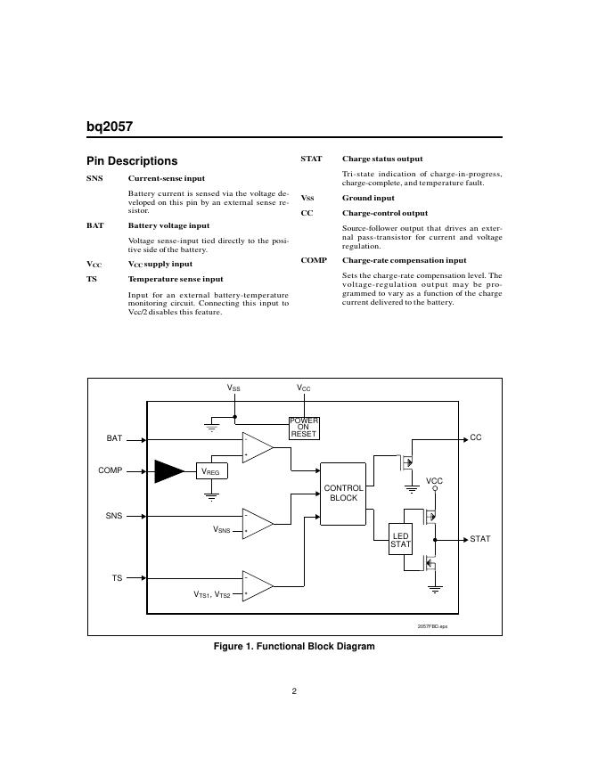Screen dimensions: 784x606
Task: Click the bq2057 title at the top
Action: click(110, 127)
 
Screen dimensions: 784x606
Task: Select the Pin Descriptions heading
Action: click(131, 161)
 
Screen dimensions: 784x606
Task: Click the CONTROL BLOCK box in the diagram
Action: click(343, 493)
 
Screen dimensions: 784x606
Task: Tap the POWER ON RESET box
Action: click(304, 428)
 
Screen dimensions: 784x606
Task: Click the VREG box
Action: click(210, 471)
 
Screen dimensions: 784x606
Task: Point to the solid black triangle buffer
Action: click(168, 470)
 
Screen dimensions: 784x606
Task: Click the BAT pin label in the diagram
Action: click(114, 438)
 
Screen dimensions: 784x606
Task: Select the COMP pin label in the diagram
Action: click(111, 470)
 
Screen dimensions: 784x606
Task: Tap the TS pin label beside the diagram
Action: click(117, 578)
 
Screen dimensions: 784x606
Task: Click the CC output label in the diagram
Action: click(476, 437)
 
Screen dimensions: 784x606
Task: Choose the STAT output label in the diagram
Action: click(480, 539)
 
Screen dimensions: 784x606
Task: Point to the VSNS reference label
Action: click(221, 530)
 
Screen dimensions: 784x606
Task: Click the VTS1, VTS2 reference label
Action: click(212, 593)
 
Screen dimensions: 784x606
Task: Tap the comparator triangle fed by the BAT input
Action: click(258, 447)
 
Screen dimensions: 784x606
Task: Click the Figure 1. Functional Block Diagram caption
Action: click(294, 647)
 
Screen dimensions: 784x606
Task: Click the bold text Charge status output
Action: click(382, 159)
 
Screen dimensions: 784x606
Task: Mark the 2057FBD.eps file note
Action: click(432, 627)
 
